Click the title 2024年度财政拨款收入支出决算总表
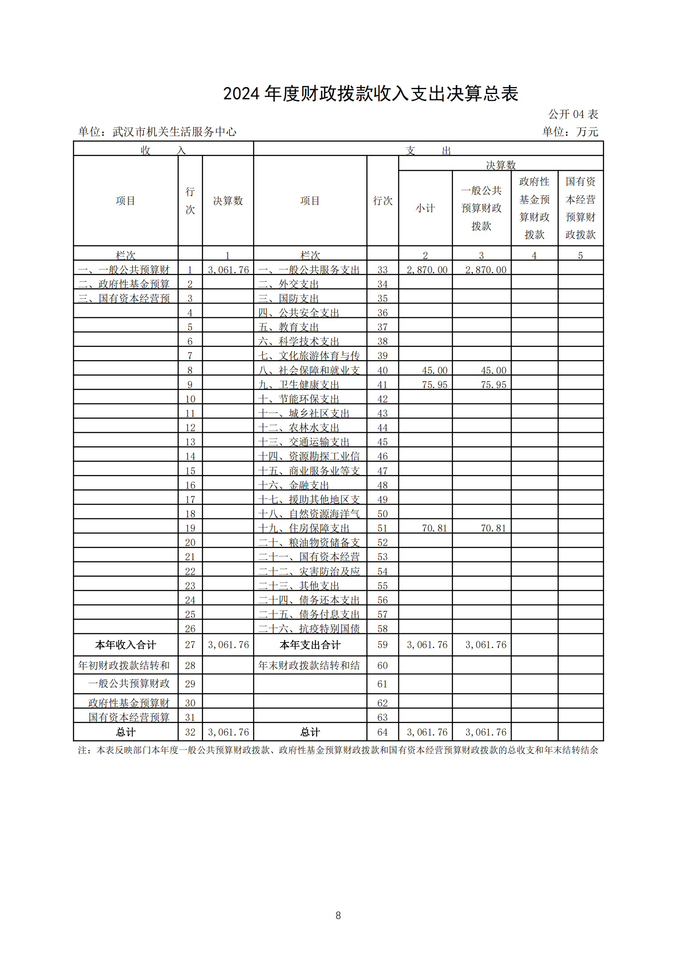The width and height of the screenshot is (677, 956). click(370, 94)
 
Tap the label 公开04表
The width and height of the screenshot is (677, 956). click(573, 114)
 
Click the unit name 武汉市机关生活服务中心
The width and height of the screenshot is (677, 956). click(174, 132)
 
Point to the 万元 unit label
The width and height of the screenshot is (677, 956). click(587, 132)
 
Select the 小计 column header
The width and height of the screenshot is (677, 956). click(425, 208)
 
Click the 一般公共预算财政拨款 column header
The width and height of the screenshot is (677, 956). click(481, 208)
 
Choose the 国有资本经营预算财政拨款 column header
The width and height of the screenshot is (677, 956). click(580, 208)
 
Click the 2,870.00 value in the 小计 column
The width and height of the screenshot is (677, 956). click(427, 270)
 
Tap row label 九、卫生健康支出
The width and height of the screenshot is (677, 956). click(298, 385)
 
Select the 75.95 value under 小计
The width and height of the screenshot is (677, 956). click(434, 385)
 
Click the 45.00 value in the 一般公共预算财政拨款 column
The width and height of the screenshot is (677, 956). click(493, 370)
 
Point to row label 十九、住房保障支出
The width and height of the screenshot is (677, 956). click(303, 528)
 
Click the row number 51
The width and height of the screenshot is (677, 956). click(382, 528)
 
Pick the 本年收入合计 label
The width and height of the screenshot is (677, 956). click(126, 645)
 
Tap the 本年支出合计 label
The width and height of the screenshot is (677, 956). click(310, 645)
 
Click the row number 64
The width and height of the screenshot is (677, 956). click(382, 732)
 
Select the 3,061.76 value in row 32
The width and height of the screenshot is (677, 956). click(228, 732)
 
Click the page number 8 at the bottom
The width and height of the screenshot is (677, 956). click(338, 915)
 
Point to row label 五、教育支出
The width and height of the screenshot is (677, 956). click(289, 327)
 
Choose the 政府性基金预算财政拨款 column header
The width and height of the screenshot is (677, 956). click(534, 208)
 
